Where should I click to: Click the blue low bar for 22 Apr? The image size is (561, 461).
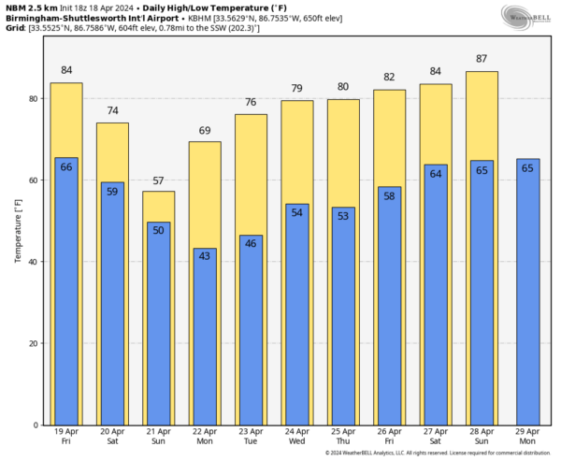click(205, 337)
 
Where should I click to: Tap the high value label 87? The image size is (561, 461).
click(481, 59)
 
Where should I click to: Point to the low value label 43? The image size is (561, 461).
click(205, 256)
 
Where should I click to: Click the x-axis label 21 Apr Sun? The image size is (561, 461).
click(158, 438)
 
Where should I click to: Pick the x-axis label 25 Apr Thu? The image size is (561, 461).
click(342, 438)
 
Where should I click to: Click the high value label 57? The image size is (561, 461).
click(158, 180)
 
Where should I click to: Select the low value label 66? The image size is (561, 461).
click(66, 166)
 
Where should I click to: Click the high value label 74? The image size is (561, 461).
click(112, 111)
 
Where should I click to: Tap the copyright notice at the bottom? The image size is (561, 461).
click(432, 454)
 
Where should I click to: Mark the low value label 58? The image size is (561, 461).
click(389, 195)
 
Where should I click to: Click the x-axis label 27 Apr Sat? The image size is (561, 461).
click(435, 438)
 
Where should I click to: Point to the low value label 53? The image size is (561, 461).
click(342, 216)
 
